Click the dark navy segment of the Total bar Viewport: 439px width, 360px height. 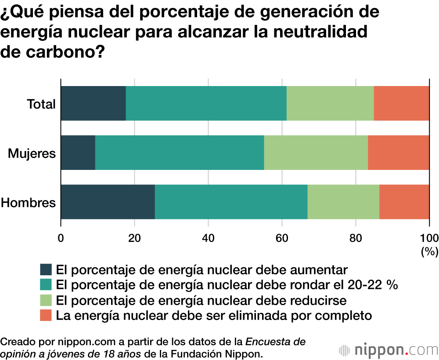pos(93,103)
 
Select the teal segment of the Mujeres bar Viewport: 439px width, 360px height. pos(180,153)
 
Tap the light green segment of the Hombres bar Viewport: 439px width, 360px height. pos(343,202)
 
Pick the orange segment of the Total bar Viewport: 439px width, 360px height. pos(401,103)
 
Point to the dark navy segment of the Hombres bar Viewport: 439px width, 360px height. pos(108,202)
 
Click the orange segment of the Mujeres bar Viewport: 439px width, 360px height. pos(398,153)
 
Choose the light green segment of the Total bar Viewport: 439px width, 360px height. pos(330,103)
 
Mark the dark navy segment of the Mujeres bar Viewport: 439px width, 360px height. pos(78,153)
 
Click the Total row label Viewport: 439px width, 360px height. pos(41,104)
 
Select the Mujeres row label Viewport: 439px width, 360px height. pos(32,154)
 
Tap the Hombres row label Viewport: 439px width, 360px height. pos(29,203)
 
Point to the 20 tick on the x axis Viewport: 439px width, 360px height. pos(134,238)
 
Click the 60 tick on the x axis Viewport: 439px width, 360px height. pos(282,238)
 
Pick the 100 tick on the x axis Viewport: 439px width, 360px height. pos(429,238)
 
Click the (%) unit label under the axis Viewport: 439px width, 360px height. pos(429,252)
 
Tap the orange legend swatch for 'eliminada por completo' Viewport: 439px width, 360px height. pos(46,315)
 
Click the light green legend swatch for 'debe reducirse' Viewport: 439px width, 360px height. pos(46,300)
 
